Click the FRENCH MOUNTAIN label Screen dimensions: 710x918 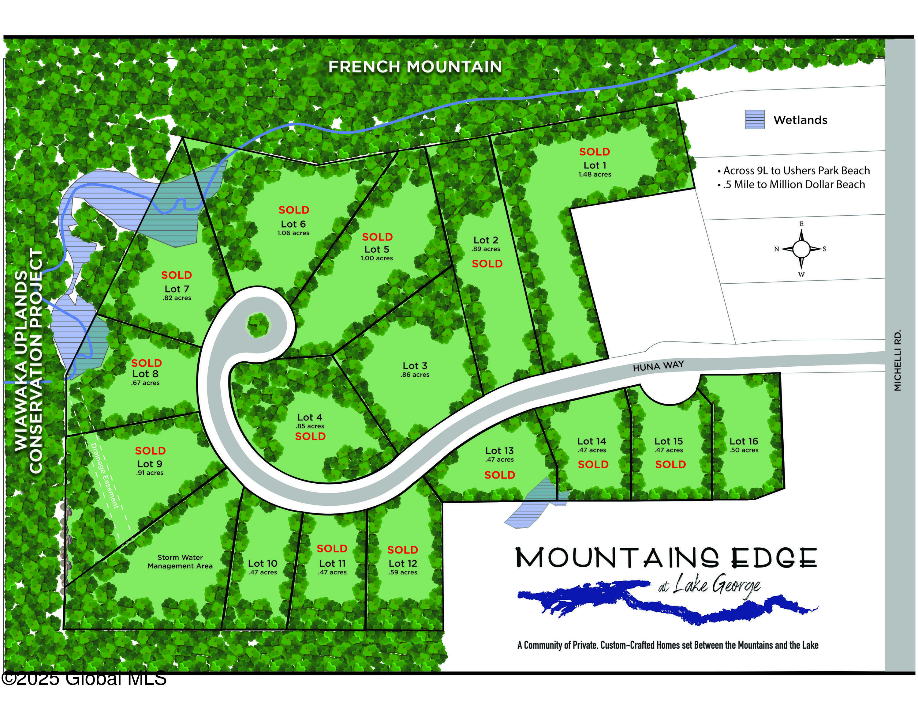pos(415,67)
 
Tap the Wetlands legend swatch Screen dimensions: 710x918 pos(755,119)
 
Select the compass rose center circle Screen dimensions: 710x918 pos(801,249)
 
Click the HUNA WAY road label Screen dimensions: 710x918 pos(658,366)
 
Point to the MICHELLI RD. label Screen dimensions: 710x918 pos(898,361)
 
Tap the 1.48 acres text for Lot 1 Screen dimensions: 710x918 pos(594,175)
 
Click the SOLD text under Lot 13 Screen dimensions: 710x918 pos(499,475)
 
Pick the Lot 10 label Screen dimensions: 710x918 pos(262,563)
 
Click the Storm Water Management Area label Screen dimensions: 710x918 pos(180,561)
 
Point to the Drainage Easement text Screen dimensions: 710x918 pos(105,476)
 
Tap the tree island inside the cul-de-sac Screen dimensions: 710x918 pos(258,325)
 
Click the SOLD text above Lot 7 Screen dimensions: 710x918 pos(177,275)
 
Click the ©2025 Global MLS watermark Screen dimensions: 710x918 pos(84,678)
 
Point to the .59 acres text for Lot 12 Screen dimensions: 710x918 pos(403,572)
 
